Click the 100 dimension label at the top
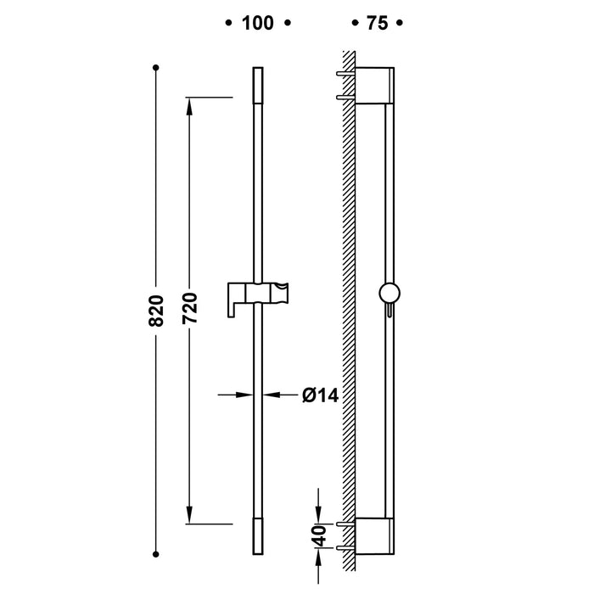tap(257, 24)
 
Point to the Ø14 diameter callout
tap(320, 395)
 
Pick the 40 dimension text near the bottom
tap(320, 535)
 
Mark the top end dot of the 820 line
tap(156, 66)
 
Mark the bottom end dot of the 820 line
tap(156, 556)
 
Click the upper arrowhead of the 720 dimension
tap(189, 106)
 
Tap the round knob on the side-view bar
tap(389, 293)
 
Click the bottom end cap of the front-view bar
tap(258, 540)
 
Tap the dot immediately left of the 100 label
tap(227, 24)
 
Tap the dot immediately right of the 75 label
tap(401, 24)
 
